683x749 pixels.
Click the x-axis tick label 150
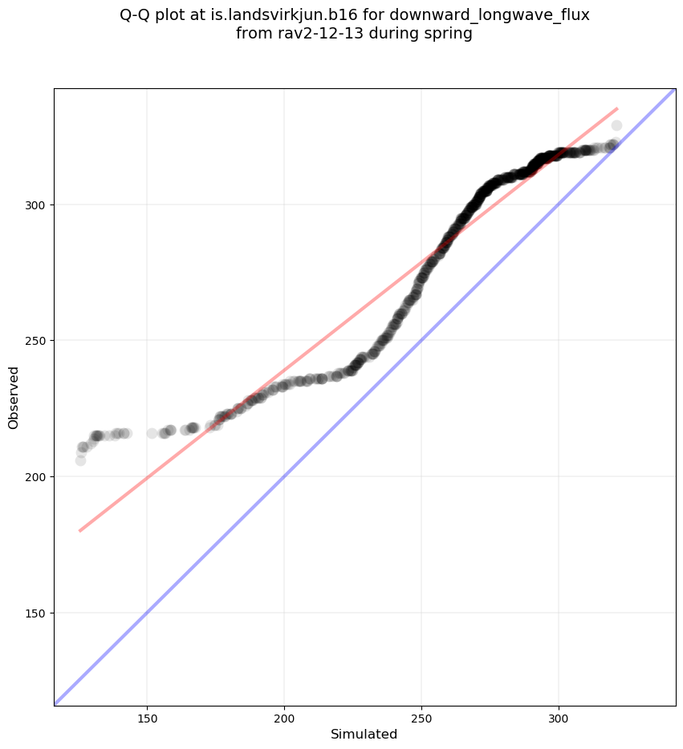coord(147,716)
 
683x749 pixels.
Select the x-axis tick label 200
coord(284,716)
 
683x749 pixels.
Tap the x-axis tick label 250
coord(422,716)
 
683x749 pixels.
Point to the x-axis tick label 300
coord(559,716)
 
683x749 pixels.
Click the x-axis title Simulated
coord(364,734)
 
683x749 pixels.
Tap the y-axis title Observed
coord(14,397)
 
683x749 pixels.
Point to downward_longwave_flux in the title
coord(484,15)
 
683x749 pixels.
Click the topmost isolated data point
coord(616,125)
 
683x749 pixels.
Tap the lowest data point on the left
coord(80,460)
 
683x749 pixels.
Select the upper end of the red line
coord(617,108)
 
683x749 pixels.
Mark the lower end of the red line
coord(79,531)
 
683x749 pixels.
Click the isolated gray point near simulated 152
coord(152,433)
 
